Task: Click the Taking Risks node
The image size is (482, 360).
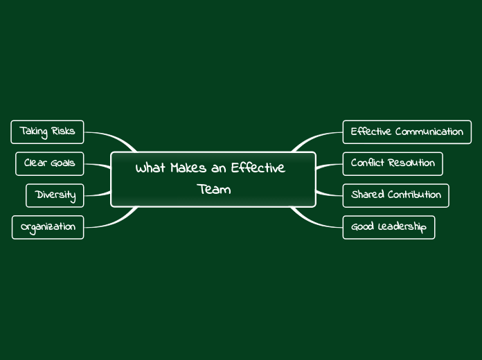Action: point(47,131)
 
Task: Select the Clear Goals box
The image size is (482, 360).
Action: point(49,163)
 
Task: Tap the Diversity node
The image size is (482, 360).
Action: point(55,195)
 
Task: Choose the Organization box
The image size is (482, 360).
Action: point(48,227)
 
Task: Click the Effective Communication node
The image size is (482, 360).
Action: point(407,132)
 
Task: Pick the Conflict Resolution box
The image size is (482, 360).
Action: point(392,163)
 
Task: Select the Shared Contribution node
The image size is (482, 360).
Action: point(395,195)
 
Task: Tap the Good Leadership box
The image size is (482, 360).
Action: point(389,227)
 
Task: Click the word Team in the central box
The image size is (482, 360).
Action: point(213,189)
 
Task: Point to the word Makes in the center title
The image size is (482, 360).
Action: point(189,169)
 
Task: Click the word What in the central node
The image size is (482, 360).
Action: point(150,169)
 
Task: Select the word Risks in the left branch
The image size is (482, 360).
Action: point(63,131)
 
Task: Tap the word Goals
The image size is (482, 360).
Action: point(62,163)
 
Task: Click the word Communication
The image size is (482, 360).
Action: point(429,132)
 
